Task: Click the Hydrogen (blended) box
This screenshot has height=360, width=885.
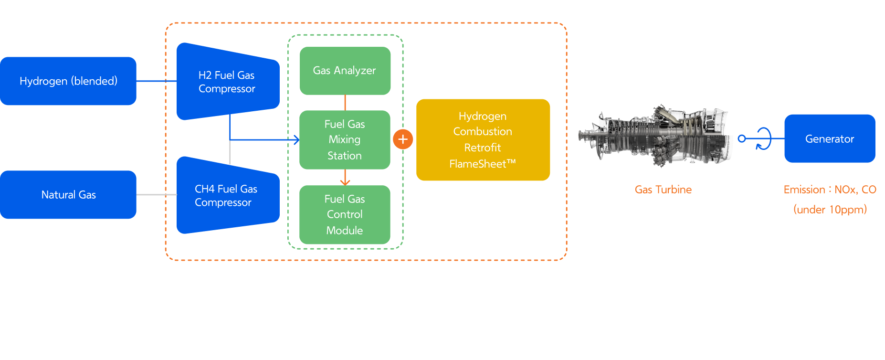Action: pyautogui.click(x=68, y=81)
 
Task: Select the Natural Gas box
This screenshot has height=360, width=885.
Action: pyautogui.click(x=68, y=195)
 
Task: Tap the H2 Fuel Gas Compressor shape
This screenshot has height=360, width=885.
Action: pyautogui.click(x=227, y=82)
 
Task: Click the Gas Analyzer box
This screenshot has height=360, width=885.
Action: pyautogui.click(x=345, y=71)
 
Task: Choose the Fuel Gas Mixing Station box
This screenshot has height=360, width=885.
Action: pyautogui.click(x=345, y=140)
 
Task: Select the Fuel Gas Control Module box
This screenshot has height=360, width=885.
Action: pyautogui.click(x=345, y=215)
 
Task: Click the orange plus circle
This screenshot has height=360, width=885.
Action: pyautogui.click(x=403, y=139)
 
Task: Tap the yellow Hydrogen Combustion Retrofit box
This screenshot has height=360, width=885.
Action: pyautogui.click(x=483, y=140)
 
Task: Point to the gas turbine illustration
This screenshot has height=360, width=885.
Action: pyautogui.click(x=654, y=136)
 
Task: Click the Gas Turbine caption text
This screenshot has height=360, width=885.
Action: pyautogui.click(x=663, y=190)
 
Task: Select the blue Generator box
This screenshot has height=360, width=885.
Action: pyautogui.click(x=830, y=139)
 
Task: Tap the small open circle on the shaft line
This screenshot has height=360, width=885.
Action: pyautogui.click(x=741, y=138)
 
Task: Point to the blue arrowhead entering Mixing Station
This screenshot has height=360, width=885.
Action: pyautogui.click(x=297, y=140)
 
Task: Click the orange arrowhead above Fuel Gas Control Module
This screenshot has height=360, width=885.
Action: pyautogui.click(x=345, y=182)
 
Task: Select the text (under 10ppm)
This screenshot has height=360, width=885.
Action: pyautogui.click(x=830, y=210)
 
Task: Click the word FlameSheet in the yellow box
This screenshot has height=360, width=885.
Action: pyautogui.click(x=478, y=164)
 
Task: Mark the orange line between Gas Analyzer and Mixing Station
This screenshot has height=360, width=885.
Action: pyautogui.click(x=345, y=103)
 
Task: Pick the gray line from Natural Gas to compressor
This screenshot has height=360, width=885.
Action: pyautogui.click(x=156, y=195)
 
